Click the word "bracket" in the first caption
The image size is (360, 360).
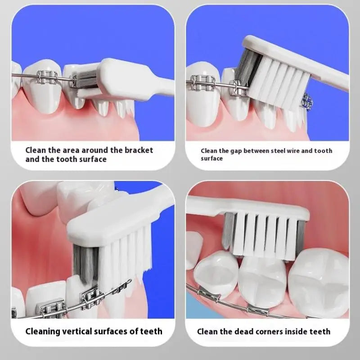tap(139, 150)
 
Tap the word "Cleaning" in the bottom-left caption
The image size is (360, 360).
tap(42, 332)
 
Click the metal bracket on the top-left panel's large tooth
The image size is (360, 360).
tap(47, 77)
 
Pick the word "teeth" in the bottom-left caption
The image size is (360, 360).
tap(151, 331)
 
